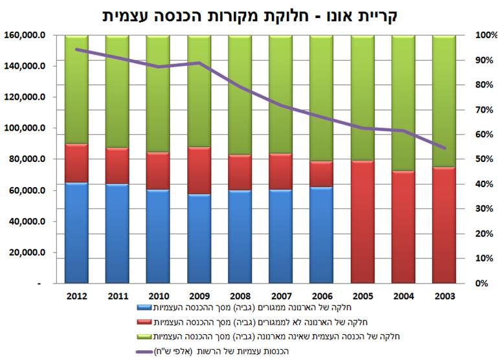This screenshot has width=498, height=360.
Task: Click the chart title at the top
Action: (x=249, y=14)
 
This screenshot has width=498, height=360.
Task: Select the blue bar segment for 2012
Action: (x=76, y=233)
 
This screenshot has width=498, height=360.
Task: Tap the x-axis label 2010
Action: (x=158, y=296)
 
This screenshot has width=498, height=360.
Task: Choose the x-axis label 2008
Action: (x=240, y=296)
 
